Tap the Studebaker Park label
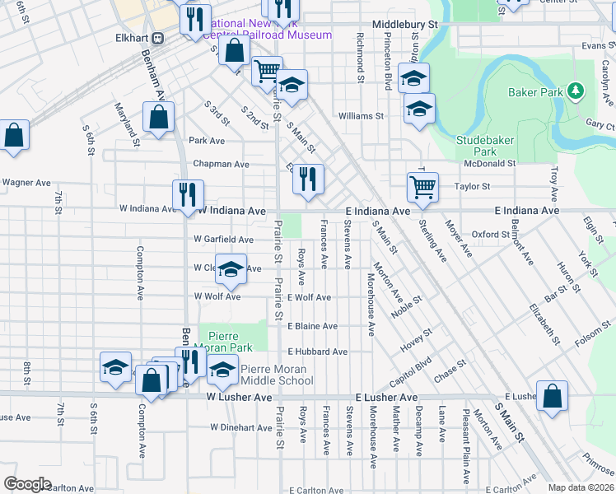(x=487, y=146)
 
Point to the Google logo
(x=27, y=484)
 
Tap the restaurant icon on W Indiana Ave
(x=188, y=195)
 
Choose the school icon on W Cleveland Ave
(x=231, y=268)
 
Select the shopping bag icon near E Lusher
(x=552, y=395)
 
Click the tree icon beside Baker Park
(x=577, y=91)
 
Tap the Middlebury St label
(x=404, y=26)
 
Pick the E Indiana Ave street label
(x=377, y=212)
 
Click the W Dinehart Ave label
(x=240, y=427)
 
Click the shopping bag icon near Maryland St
(x=158, y=117)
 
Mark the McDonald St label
(x=489, y=163)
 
